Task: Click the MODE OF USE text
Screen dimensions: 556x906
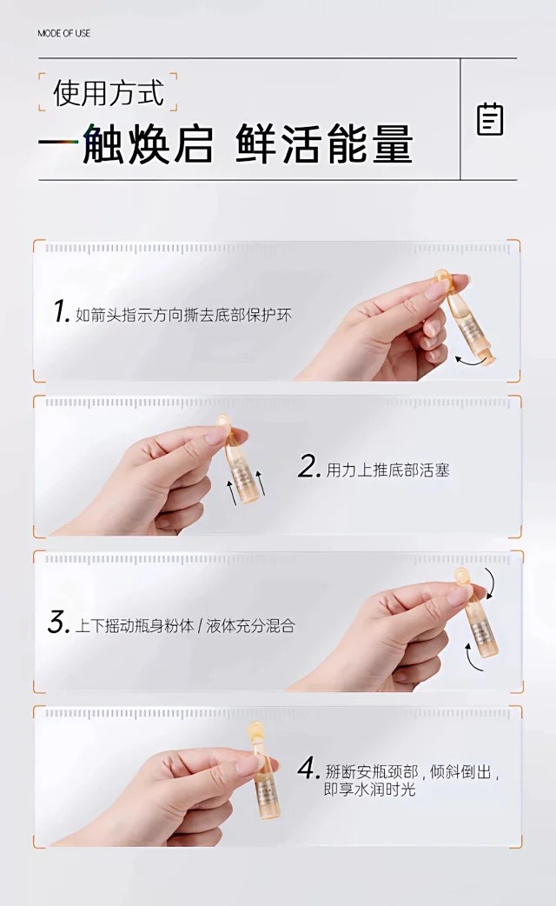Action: (x=64, y=34)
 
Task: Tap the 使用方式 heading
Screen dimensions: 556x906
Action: (x=109, y=92)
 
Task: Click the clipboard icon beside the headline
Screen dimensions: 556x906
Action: (x=490, y=120)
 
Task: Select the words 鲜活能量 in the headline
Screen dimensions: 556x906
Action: (x=324, y=143)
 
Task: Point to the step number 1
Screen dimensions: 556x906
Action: (x=61, y=312)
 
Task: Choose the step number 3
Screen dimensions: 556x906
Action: (x=59, y=623)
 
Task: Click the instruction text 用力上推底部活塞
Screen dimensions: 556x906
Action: (x=388, y=470)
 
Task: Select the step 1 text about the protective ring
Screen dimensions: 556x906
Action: (x=183, y=316)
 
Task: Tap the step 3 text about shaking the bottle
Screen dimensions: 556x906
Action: (x=185, y=626)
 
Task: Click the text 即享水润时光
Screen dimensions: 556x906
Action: (x=369, y=789)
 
